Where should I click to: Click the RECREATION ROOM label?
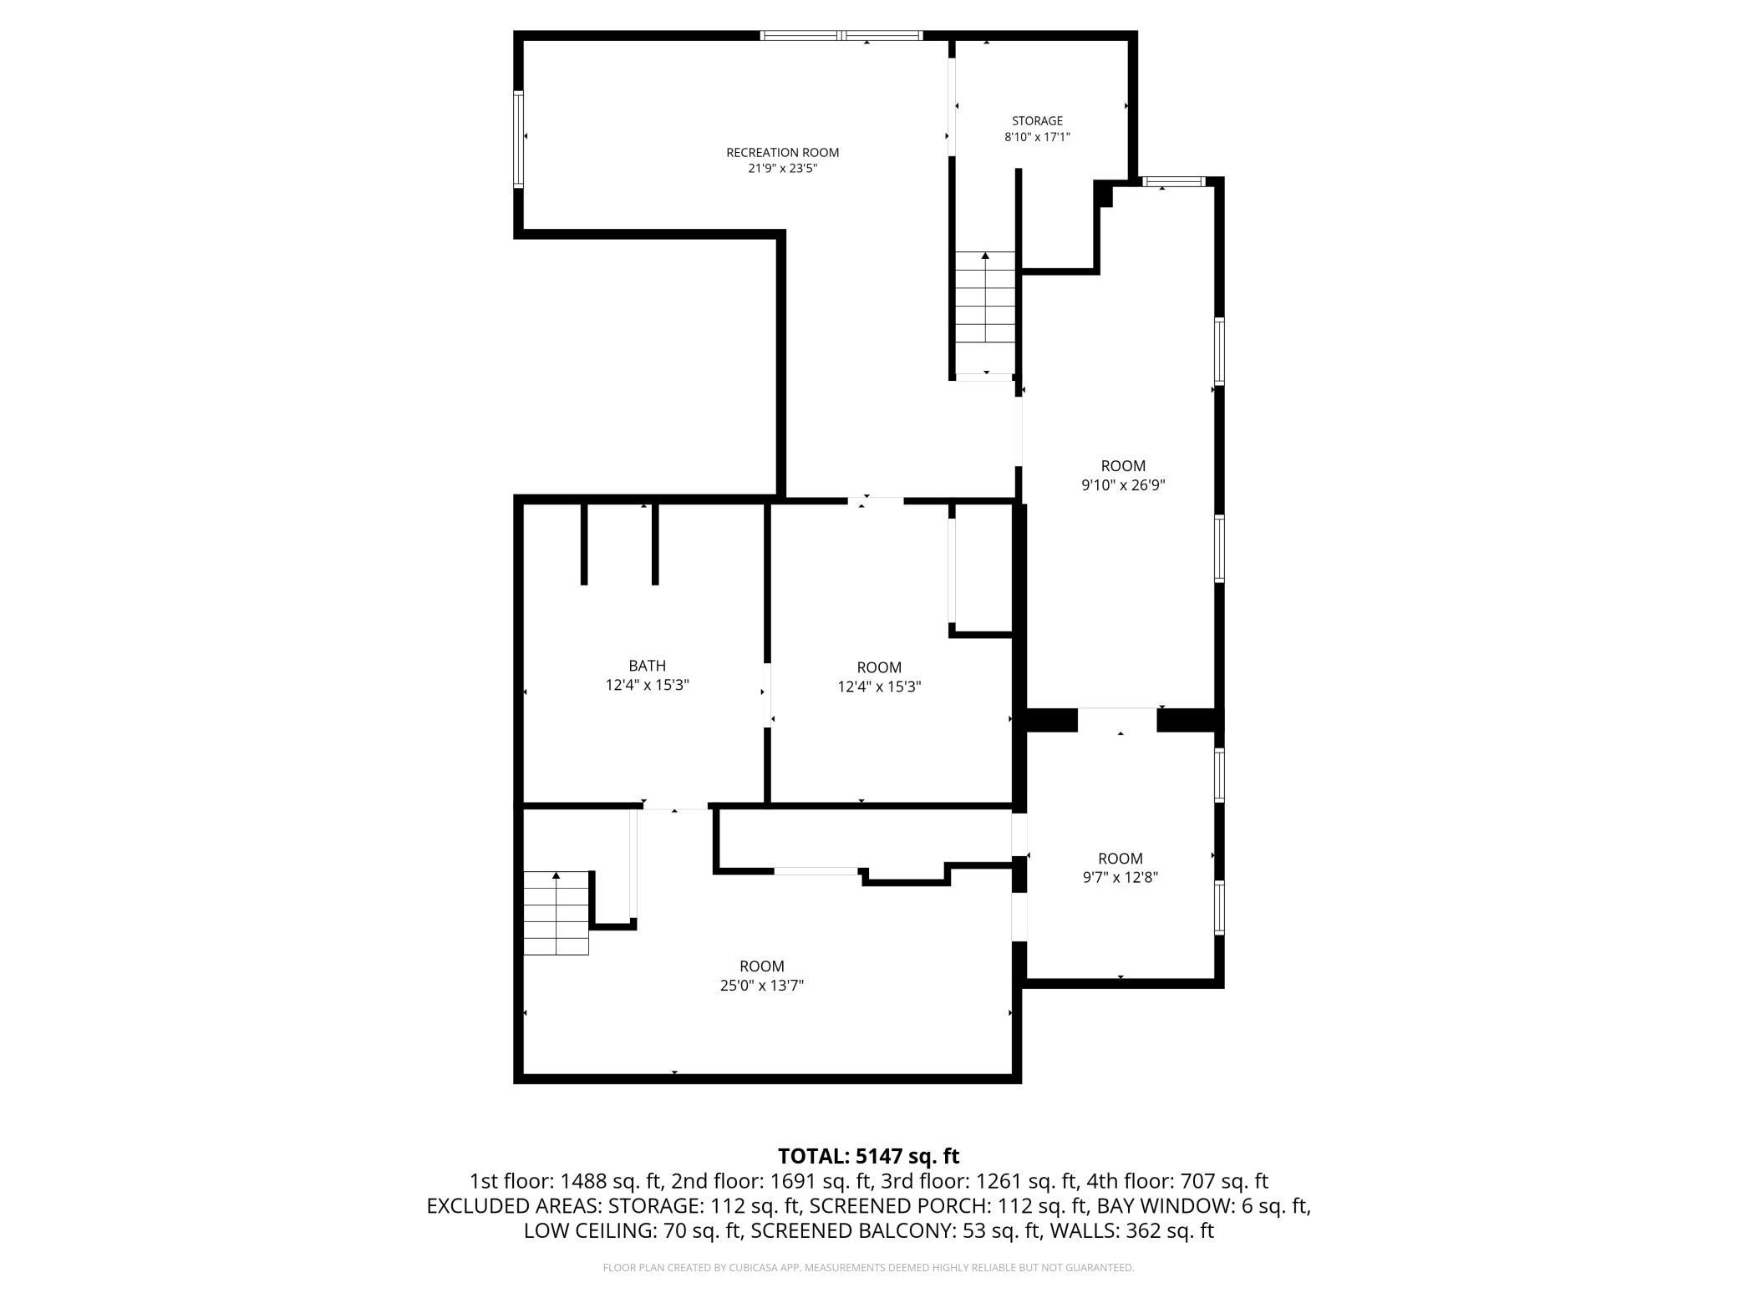tap(782, 152)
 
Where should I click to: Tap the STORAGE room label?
tap(1037, 121)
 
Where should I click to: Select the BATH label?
tap(648, 666)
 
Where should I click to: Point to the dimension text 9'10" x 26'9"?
tap(1123, 484)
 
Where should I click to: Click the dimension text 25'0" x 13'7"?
tap(762, 986)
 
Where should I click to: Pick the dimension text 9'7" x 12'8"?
tap(1120, 877)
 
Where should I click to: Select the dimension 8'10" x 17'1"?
tap(1037, 137)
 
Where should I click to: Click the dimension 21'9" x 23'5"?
tap(782, 168)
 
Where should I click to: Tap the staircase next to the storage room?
tap(986, 313)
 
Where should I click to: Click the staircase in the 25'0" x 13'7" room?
tap(556, 913)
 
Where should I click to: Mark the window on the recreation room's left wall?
tap(518, 139)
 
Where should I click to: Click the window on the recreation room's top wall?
tap(841, 35)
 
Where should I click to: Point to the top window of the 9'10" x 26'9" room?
tap(1173, 181)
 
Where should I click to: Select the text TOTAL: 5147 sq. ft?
tap(868, 1156)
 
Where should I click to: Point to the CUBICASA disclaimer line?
tap(868, 1268)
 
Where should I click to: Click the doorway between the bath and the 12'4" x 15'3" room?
tap(767, 696)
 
